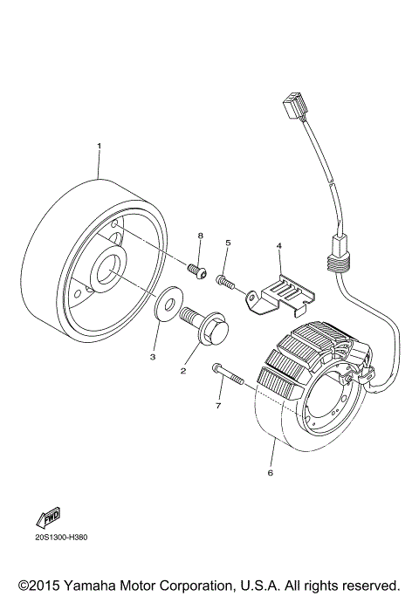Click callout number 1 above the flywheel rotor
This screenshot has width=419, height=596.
tap(99, 145)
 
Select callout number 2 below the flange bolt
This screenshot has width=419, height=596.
tap(183, 371)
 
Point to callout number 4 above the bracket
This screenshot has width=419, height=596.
tap(278, 247)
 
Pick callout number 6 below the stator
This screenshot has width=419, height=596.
tap(270, 473)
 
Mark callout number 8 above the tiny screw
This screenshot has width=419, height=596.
tap(200, 236)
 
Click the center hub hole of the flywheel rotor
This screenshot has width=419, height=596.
tap(112, 268)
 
